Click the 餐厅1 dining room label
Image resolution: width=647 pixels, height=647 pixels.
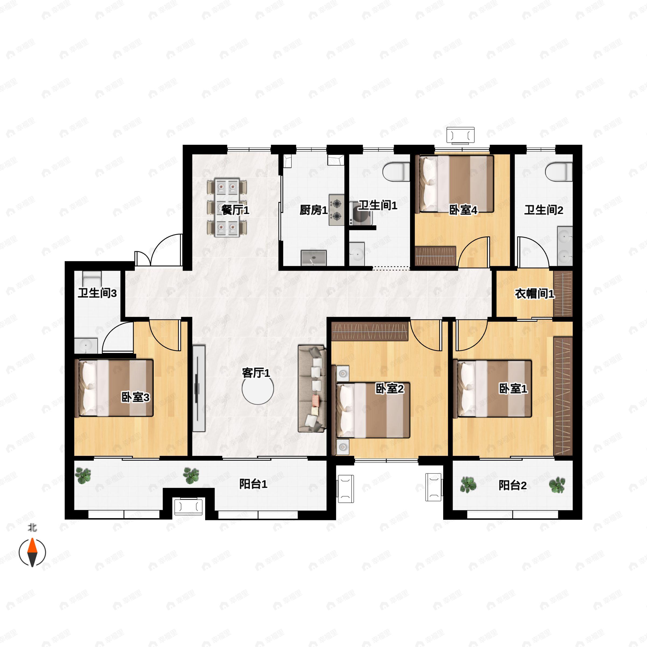pyautogui.click(x=235, y=210)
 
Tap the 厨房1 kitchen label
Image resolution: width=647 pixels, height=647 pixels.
pyautogui.click(x=314, y=210)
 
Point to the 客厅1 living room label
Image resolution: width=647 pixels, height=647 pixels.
pyautogui.click(x=256, y=373)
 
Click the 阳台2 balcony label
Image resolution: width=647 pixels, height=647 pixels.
pyautogui.click(x=512, y=485)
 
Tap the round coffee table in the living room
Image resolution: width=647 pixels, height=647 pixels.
pyautogui.click(x=258, y=389)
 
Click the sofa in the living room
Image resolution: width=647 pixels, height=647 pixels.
pyautogui.click(x=312, y=388)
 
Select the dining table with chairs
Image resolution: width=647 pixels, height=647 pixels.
pyautogui.click(x=227, y=208)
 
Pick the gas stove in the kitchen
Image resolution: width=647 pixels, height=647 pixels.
pyautogui.click(x=336, y=210)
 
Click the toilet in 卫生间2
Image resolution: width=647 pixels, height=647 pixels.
pyautogui.click(x=559, y=172)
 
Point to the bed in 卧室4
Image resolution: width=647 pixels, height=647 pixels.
pyautogui.click(x=455, y=184)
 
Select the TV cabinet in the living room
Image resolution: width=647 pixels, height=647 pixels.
pyautogui.click(x=199, y=388)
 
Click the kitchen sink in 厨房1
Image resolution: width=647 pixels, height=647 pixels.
pyautogui.click(x=314, y=258)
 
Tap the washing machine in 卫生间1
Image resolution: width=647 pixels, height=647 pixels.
pyautogui.click(x=360, y=213)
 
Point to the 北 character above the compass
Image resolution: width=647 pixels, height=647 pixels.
pyautogui.click(x=32, y=528)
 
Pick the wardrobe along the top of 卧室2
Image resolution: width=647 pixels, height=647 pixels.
pyautogui.click(x=370, y=331)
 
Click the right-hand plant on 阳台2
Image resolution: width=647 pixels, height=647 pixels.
pyautogui.click(x=557, y=485)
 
